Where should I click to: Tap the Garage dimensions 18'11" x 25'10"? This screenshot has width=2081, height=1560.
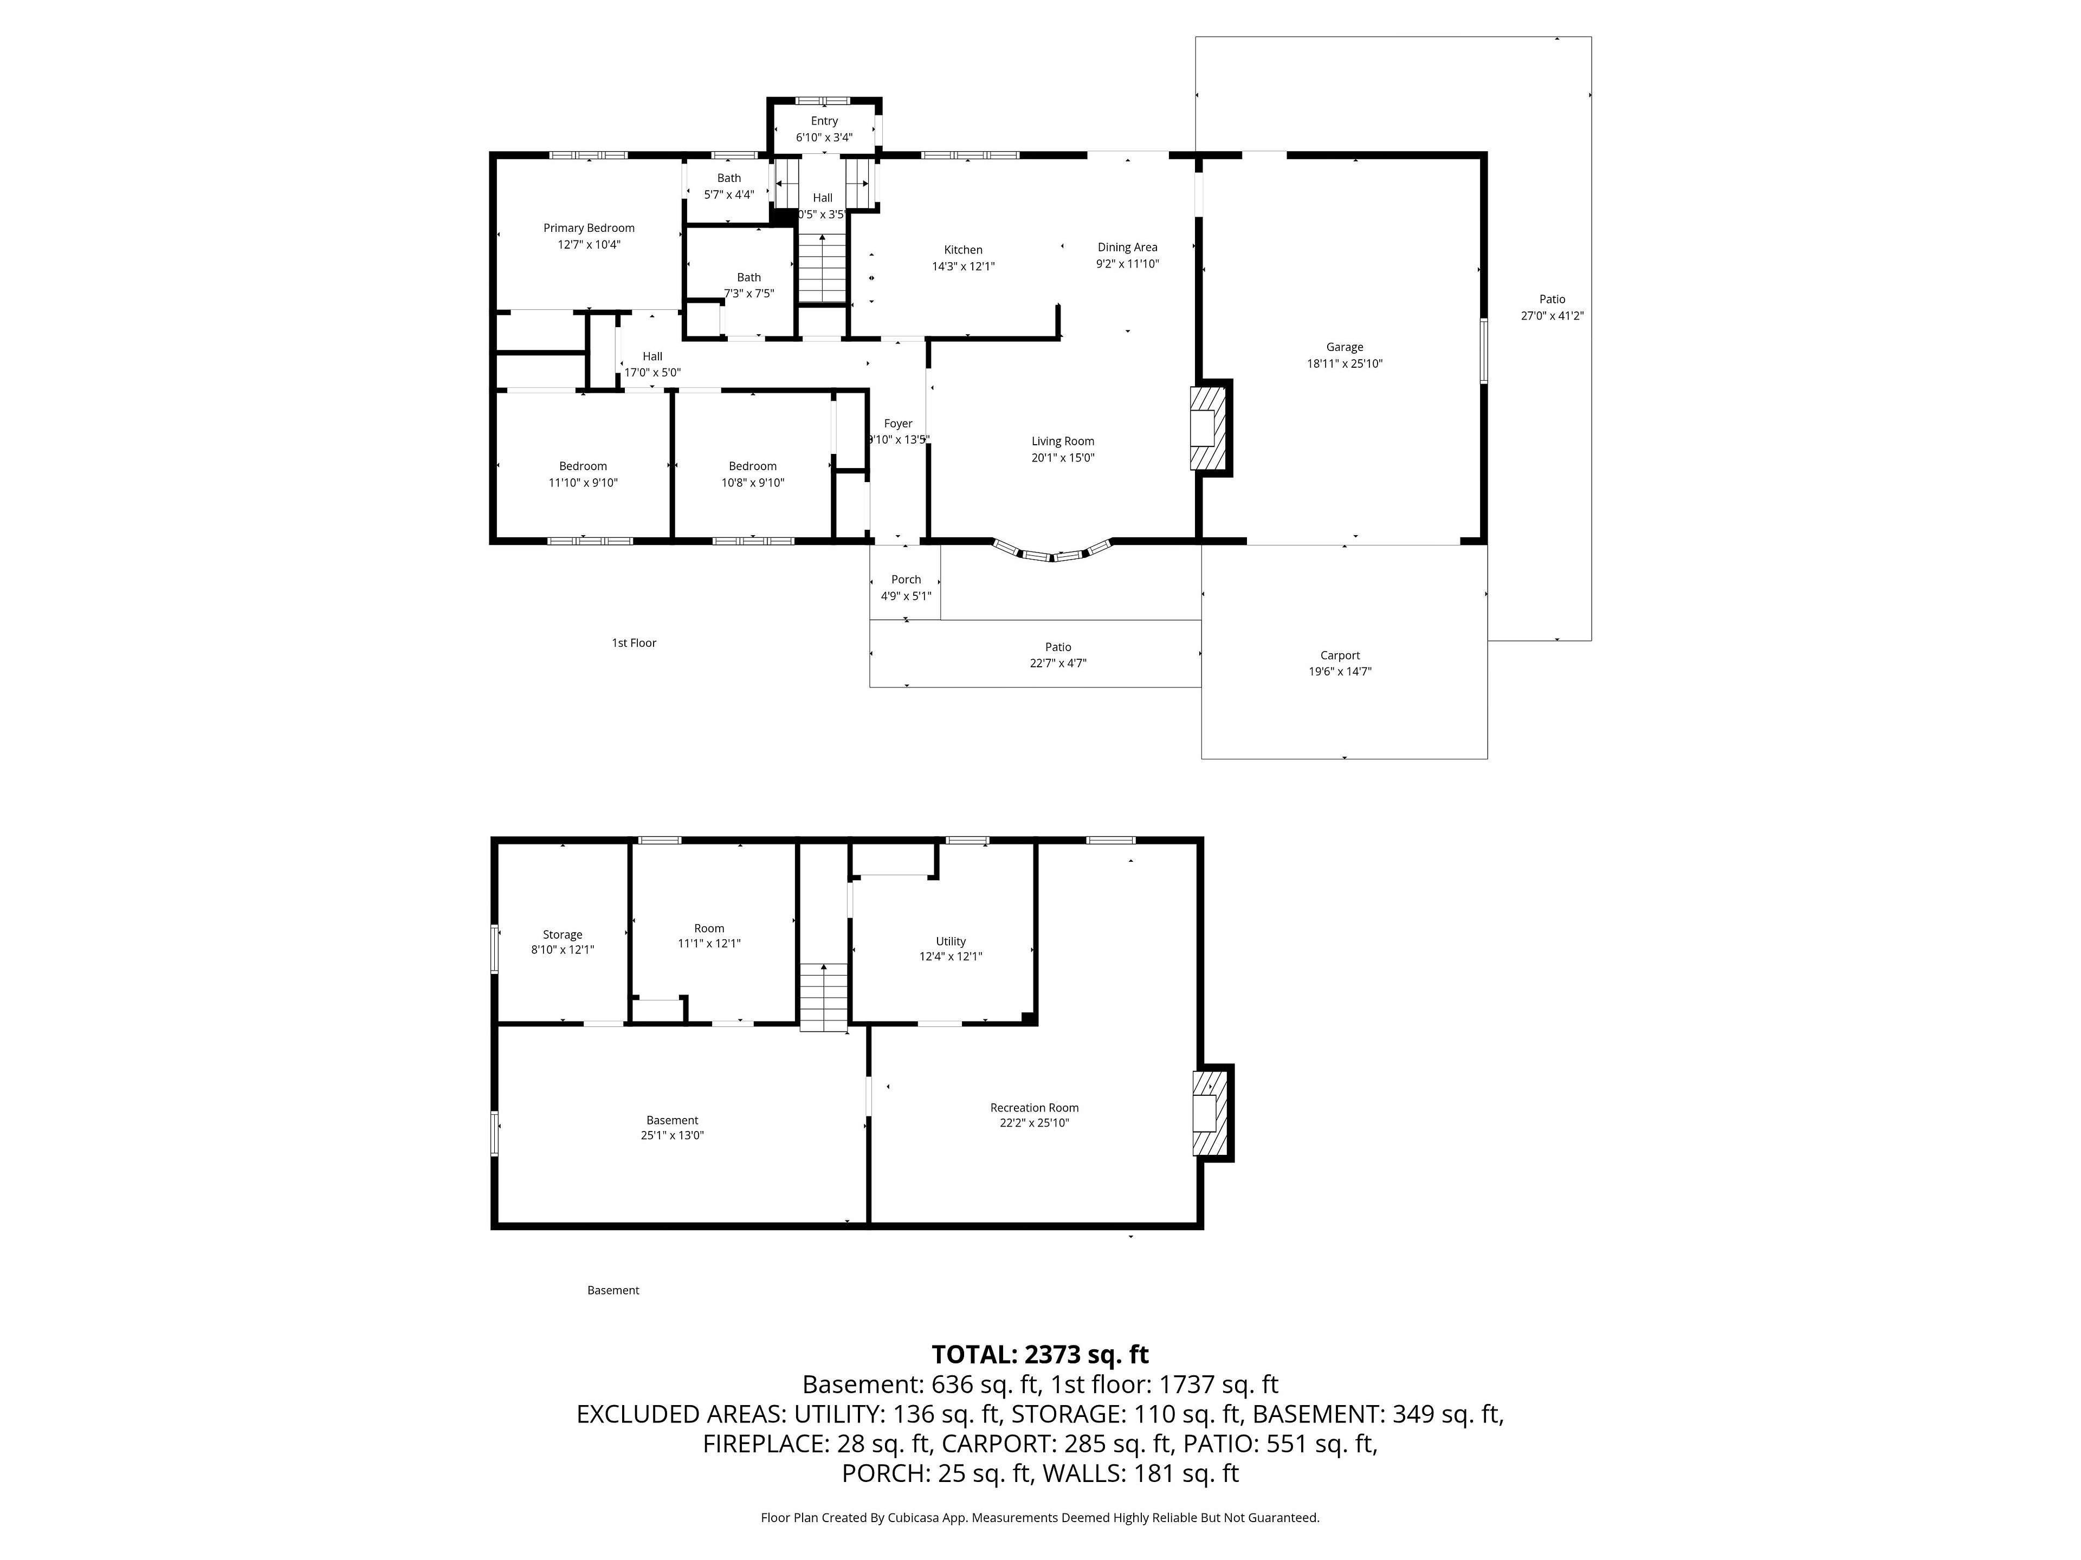coord(1345,364)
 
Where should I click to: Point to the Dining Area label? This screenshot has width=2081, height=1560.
coord(1127,248)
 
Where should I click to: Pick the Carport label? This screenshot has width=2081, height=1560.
coord(1340,655)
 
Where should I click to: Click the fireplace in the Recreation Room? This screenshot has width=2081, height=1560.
coord(1213,1113)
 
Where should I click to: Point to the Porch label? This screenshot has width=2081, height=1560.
coord(906,579)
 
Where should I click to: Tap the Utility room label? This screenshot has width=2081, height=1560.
coord(950,941)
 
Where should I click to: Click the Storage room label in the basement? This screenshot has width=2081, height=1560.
coord(563,935)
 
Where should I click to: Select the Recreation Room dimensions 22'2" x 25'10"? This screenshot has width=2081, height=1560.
coord(1035,1123)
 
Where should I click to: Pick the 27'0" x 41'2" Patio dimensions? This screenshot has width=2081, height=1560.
coord(1552,316)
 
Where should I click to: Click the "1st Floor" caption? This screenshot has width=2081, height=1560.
coord(634,643)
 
